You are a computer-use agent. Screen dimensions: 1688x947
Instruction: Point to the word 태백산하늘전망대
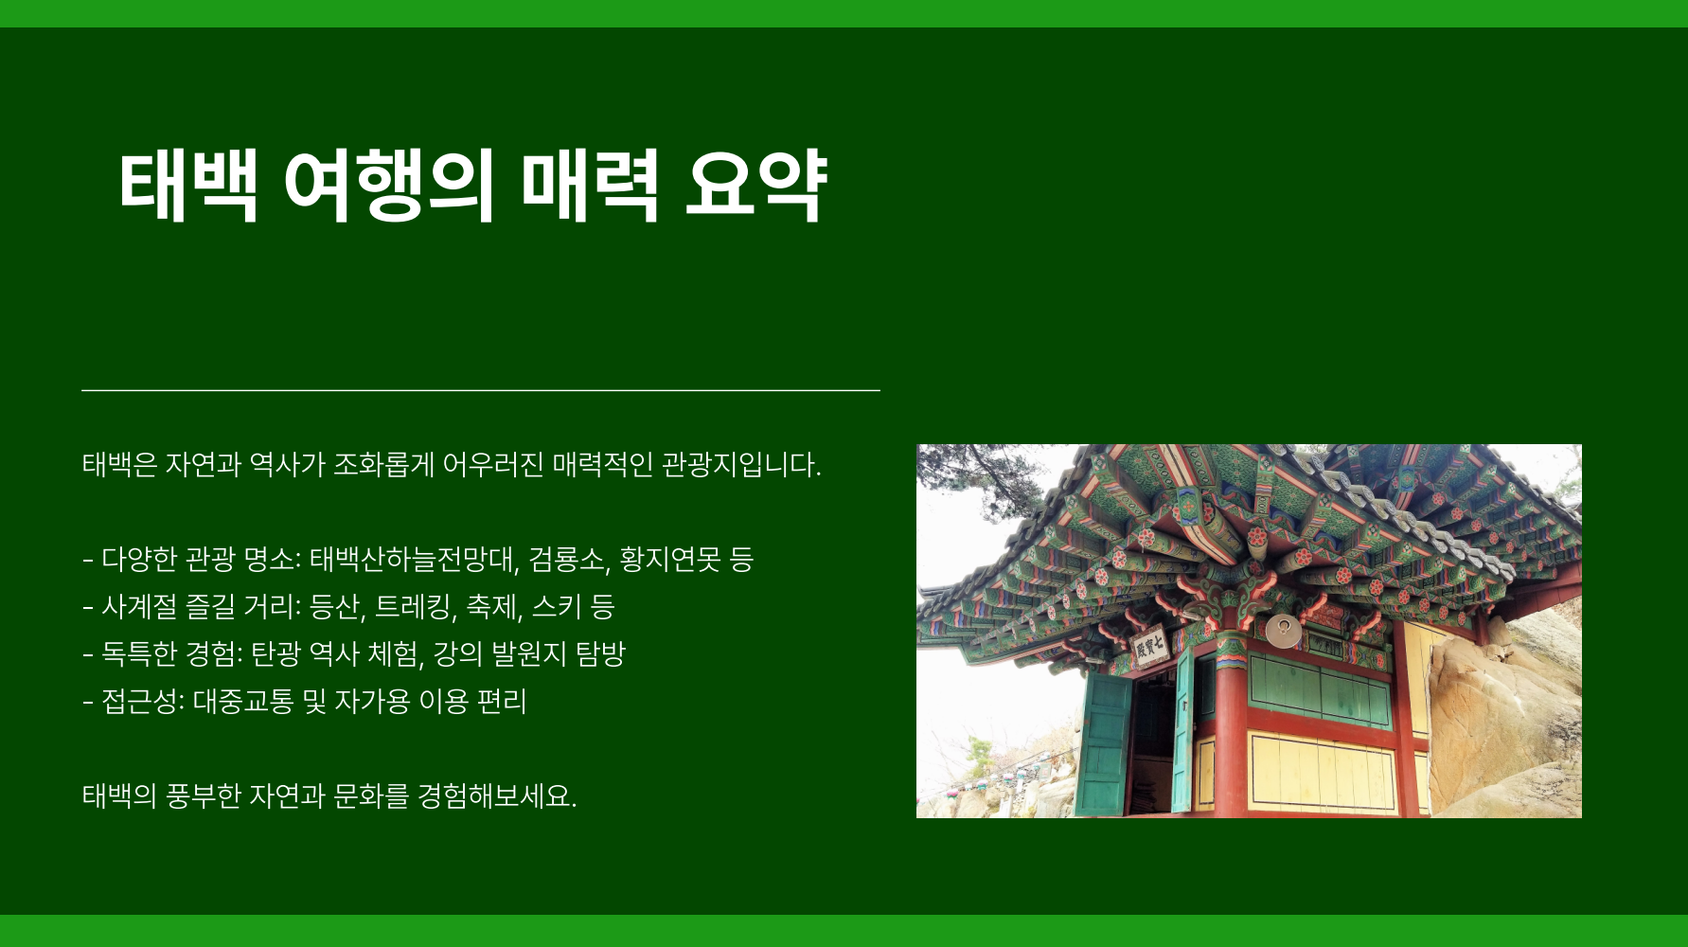(414, 560)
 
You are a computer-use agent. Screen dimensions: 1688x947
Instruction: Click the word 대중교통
(243, 702)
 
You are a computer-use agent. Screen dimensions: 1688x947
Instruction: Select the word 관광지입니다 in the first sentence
(741, 465)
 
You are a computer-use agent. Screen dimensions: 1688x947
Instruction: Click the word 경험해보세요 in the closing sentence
(497, 796)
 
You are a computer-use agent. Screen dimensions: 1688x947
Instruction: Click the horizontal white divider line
(481, 389)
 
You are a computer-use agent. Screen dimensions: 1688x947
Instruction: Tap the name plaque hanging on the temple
(1149, 648)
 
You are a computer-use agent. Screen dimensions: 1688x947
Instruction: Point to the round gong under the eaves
(1284, 631)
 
